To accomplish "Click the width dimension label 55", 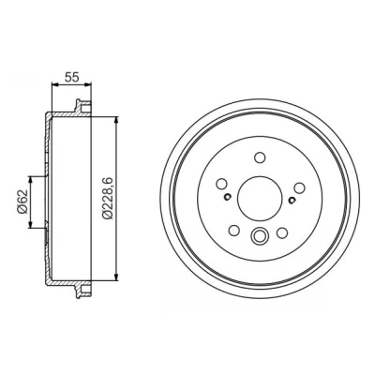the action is tap(71, 77).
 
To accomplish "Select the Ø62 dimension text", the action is tap(22, 202).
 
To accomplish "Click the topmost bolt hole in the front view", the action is tap(260, 157).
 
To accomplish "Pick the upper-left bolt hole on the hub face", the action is tap(221, 184).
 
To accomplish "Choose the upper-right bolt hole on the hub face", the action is tap(299, 187).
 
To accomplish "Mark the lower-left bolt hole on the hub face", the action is tap(234, 231).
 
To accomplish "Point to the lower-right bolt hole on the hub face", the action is tap(282, 232).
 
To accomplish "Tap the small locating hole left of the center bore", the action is tap(227, 197).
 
